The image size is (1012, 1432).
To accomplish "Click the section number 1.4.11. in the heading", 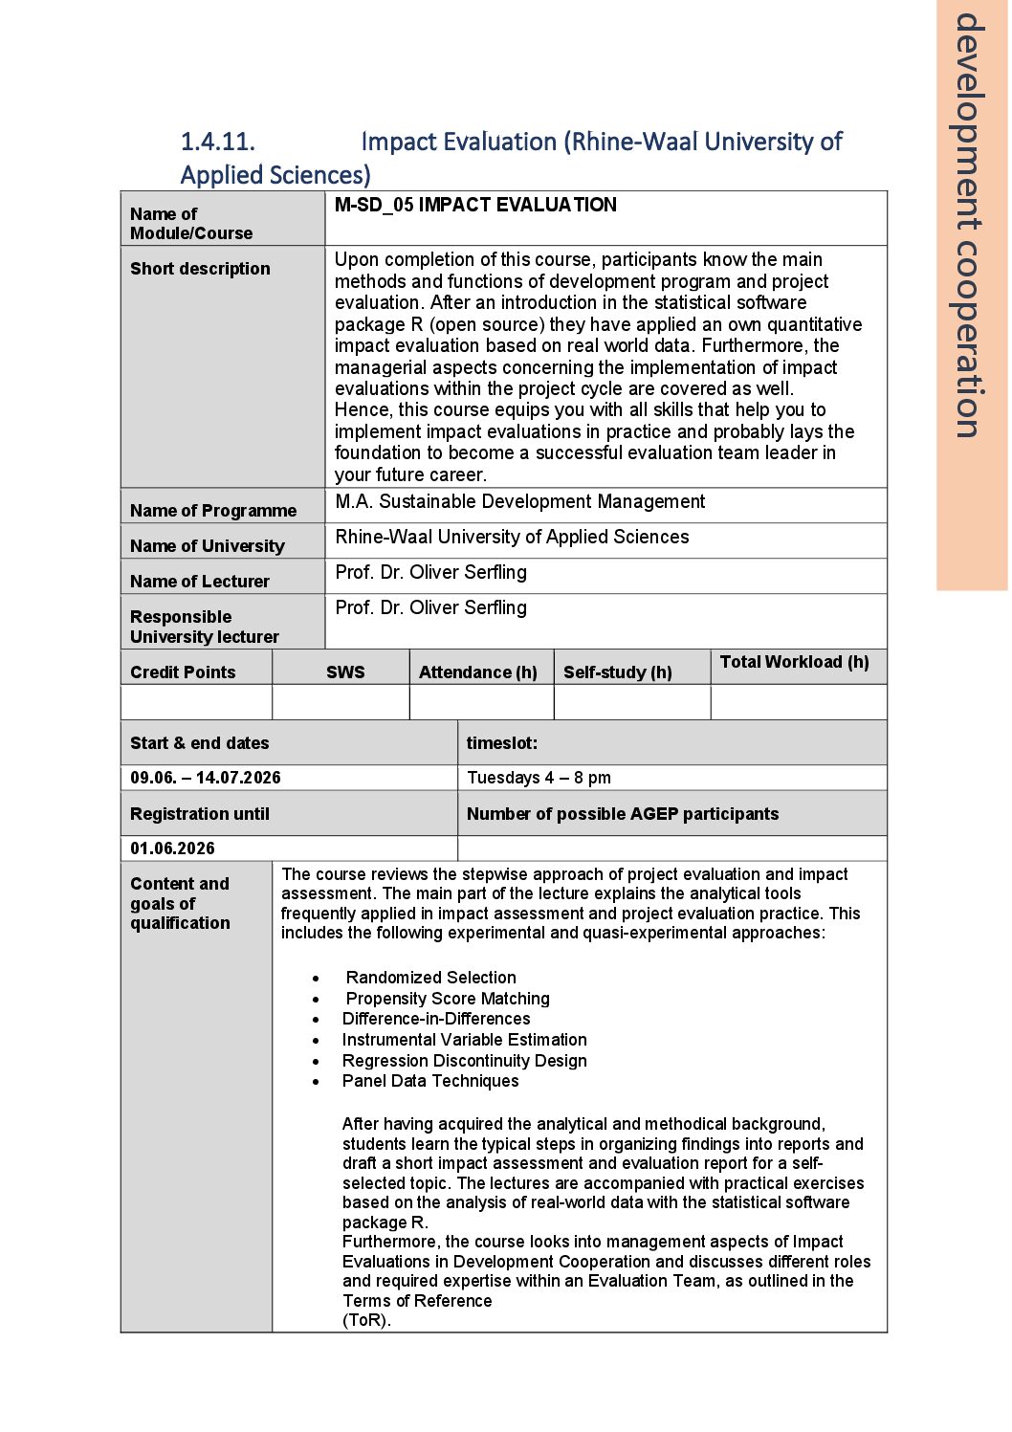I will tap(218, 142).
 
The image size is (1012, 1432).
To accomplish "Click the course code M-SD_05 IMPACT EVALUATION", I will tap(475, 205).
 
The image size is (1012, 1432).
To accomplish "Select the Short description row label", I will tap(200, 269).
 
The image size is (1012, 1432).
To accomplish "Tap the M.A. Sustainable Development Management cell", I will tap(519, 502).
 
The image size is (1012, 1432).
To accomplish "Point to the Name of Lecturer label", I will tap(200, 582).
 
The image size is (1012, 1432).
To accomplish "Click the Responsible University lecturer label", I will tap(205, 627).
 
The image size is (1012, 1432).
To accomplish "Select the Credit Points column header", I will tap(183, 672).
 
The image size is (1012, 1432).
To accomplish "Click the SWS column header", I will tap(345, 672).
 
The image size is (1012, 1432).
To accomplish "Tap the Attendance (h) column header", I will tap(478, 672).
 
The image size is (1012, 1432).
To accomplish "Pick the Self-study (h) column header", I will tap(618, 672).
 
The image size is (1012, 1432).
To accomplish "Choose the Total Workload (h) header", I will tap(794, 662).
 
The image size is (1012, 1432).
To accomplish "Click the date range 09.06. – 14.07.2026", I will tap(206, 778).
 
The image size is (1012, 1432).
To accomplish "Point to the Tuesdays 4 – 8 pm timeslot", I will tap(539, 778).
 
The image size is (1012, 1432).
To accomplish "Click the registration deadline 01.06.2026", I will tap(173, 848).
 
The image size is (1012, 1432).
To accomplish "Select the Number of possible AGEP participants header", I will tap(623, 814).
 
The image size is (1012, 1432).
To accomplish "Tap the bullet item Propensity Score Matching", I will tap(448, 999).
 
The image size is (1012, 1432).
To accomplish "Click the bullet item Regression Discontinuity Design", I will tap(464, 1061).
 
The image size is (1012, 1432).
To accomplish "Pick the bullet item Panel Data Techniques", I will tap(430, 1081).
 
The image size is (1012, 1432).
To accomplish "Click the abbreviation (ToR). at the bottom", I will tap(367, 1320).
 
